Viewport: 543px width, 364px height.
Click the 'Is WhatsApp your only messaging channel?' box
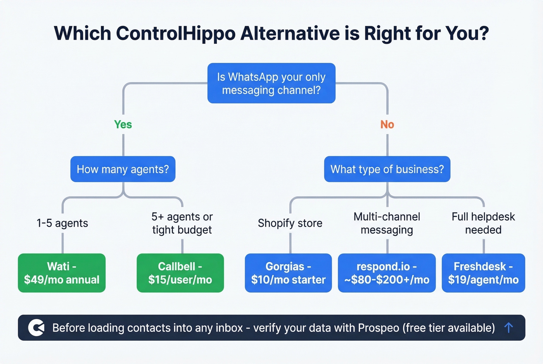point(271,83)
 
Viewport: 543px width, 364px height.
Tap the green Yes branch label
point(123,124)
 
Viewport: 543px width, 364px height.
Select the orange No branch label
point(387,124)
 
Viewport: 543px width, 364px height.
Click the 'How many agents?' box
point(123,169)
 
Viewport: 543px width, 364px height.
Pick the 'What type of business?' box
point(387,169)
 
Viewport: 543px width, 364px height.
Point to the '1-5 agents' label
point(62,223)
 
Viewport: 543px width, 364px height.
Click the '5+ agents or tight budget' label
point(182,223)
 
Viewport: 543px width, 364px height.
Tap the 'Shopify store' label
point(290,223)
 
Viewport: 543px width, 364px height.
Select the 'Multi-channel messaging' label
point(387,223)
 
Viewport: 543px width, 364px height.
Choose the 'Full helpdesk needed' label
point(483,223)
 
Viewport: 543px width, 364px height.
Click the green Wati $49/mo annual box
point(62,273)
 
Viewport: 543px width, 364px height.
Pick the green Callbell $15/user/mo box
point(180,273)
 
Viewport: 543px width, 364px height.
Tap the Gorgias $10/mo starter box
point(288,273)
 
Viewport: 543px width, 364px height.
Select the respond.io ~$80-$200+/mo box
point(387,273)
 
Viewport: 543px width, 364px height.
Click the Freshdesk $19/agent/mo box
point(483,273)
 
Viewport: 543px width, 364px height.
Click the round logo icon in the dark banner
point(36,328)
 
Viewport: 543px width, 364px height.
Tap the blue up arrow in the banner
point(508,328)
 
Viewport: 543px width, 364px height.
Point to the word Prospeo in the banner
point(378,328)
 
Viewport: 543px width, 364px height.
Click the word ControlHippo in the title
point(176,33)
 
